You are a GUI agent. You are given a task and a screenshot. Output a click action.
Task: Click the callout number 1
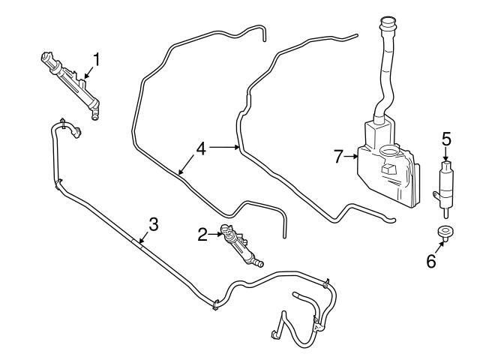[x=95, y=58]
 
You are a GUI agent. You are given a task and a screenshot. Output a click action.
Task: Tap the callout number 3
[x=153, y=223]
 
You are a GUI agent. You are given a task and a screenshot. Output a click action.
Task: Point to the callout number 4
[x=200, y=149]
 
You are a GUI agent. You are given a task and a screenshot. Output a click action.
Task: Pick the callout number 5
[x=445, y=138]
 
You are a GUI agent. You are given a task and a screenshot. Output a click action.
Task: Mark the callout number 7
[x=338, y=157]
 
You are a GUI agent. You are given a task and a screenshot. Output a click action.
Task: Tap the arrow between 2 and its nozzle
[x=214, y=235]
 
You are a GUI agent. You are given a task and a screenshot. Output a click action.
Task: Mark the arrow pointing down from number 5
[x=445, y=153]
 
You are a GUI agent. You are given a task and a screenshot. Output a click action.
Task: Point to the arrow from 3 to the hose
[x=144, y=237]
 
